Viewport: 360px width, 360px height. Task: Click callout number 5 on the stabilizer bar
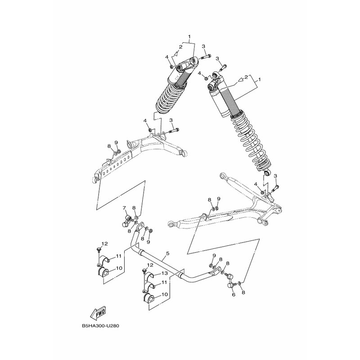167,253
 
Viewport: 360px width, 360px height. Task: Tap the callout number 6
234,294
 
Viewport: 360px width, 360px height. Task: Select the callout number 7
125,208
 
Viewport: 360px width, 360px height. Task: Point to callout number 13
164,273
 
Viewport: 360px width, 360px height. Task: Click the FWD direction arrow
98,312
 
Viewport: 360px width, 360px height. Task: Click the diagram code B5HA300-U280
100,326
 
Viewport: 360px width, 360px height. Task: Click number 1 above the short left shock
189,36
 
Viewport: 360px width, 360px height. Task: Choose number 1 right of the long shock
260,80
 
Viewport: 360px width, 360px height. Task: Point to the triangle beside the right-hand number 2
241,80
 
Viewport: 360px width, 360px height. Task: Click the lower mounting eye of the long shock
267,172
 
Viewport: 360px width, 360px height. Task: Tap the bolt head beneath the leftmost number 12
99,249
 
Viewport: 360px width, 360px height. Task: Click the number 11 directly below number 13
164,283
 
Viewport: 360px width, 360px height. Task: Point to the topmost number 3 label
203,46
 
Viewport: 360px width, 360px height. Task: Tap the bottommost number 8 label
243,292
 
